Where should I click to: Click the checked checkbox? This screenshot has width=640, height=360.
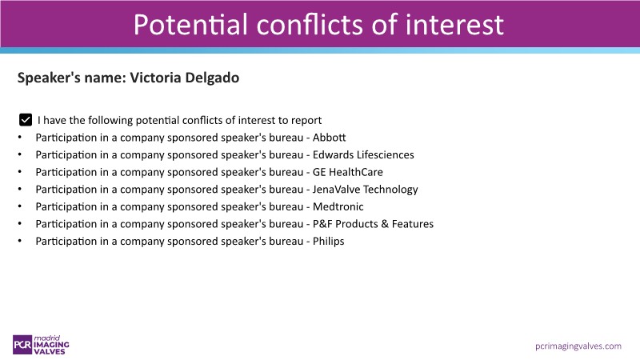coord(26,119)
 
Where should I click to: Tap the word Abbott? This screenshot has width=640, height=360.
coord(329,138)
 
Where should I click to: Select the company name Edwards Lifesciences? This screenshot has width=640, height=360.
coord(363,154)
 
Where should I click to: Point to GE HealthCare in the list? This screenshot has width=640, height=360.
coord(348,172)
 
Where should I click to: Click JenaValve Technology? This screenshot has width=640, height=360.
coord(366,190)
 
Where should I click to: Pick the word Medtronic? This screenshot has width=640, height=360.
coord(338,206)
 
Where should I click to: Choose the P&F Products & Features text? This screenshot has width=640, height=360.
coord(373,224)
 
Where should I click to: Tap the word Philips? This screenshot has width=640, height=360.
coord(329,242)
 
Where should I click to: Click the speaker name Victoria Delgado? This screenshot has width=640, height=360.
coord(185,78)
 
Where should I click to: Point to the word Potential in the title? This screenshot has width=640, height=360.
coord(190,25)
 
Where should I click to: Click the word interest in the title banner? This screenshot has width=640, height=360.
coord(454,25)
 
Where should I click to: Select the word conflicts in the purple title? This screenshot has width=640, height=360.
coord(310,25)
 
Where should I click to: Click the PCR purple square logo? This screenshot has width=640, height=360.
coord(22,345)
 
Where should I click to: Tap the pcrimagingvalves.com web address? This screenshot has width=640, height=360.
coord(578,346)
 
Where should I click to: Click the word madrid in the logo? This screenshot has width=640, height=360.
coord(47,338)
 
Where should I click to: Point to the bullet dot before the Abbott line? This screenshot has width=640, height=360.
coord(19,138)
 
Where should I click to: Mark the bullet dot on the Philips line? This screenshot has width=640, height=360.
coord(19,242)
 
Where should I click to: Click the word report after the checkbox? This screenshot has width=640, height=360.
coord(306,121)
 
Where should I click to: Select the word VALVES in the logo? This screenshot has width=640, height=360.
coord(50,351)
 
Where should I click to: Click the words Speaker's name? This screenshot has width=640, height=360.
coord(72,78)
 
